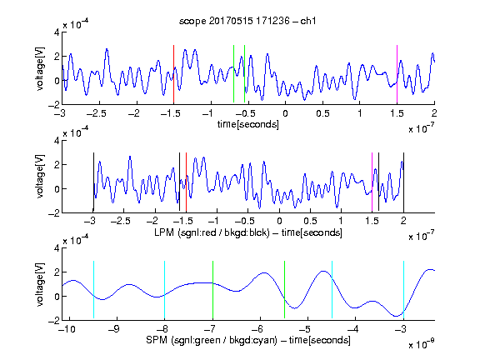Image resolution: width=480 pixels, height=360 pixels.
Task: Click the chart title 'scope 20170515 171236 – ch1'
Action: tap(247, 21)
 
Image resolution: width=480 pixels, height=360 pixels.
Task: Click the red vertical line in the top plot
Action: tap(173, 74)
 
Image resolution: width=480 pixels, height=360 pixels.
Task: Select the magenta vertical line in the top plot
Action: tap(397, 74)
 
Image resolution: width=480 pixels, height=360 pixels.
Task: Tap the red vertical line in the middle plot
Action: tap(186, 182)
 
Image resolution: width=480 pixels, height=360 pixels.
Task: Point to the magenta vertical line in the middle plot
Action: tap(372, 182)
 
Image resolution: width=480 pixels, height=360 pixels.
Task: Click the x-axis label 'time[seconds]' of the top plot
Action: tap(248, 124)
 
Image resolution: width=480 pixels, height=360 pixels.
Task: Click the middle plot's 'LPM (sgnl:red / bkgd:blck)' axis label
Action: tap(212, 232)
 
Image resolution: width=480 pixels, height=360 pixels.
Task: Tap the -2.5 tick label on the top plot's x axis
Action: tap(96, 113)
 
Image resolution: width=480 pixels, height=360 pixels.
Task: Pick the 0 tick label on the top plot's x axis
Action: tap(285, 113)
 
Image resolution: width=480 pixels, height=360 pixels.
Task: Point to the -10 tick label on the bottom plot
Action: tap(67, 329)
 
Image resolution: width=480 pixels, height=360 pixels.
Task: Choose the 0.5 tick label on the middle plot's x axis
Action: tap(310, 221)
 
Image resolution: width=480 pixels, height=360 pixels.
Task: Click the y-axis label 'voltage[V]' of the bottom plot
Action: tap(40, 284)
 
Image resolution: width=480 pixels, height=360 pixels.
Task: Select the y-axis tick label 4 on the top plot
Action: tap(57, 32)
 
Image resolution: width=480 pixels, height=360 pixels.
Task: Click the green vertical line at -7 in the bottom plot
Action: tap(212, 290)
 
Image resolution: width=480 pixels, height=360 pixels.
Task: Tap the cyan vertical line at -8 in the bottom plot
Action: tap(164, 290)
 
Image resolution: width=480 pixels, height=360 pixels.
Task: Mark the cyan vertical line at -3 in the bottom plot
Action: tap(403, 290)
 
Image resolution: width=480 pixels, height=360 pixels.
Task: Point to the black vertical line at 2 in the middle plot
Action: tap(403, 182)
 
